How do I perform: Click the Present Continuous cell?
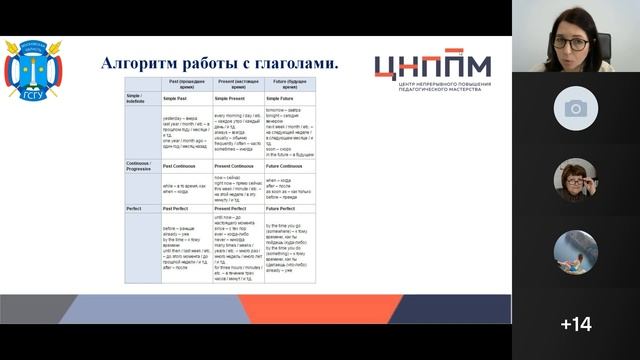238,163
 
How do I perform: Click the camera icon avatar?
576,108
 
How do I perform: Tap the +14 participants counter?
576,324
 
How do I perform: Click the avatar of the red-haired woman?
576,180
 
